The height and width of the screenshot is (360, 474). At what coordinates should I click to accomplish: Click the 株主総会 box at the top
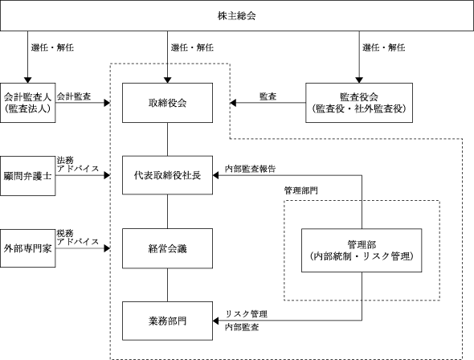[x=237, y=15]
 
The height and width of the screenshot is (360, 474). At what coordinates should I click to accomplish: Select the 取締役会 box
[x=167, y=103]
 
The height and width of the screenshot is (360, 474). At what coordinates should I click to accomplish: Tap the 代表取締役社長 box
[x=167, y=175]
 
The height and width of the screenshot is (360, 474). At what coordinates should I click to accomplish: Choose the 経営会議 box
[x=167, y=248]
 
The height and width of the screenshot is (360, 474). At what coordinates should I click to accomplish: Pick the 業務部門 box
[x=167, y=321]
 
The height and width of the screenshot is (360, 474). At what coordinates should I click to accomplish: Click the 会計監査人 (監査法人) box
[x=28, y=103]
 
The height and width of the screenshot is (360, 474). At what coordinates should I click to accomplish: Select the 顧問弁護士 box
[x=28, y=176]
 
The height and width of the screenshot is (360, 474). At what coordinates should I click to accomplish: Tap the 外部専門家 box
[x=28, y=248]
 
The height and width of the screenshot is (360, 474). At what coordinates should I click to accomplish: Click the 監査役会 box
[x=359, y=103]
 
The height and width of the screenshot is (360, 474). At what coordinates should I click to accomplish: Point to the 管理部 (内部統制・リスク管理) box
[x=362, y=250]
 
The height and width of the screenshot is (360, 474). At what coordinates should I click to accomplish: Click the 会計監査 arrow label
[x=74, y=96]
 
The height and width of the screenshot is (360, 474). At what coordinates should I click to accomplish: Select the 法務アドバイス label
[x=78, y=165]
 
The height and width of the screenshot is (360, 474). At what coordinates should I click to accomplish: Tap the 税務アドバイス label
[x=78, y=238]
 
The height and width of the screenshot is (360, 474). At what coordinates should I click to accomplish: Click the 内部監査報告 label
[x=251, y=169]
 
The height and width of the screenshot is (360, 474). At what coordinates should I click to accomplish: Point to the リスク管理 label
[x=247, y=314]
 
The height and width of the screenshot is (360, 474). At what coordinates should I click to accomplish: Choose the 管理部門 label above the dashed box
[x=300, y=190]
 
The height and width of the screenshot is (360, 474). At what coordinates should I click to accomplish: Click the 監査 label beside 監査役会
[x=268, y=96]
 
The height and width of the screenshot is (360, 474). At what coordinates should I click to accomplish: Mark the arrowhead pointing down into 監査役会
[x=359, y=80]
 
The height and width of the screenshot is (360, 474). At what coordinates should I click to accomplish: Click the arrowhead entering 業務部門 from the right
[x=215, y=321]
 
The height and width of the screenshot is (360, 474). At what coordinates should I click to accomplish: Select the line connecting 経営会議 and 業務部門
[x=167, y=284]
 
